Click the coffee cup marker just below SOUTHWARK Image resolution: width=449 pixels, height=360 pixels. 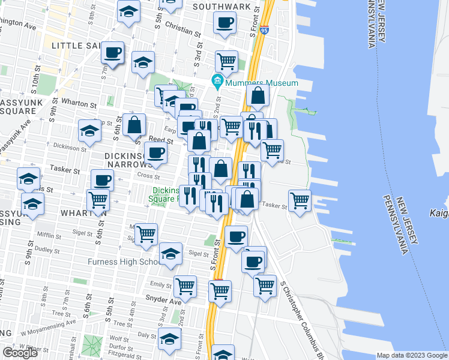tap(225, 23)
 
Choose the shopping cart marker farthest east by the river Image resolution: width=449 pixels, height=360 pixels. tap(300, 200)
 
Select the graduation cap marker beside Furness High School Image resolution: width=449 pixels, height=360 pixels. tap(171, 254)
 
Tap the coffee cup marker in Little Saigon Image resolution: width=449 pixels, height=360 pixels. tap(112, 53)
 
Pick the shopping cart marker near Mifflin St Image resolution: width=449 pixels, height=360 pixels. tap(145, 235)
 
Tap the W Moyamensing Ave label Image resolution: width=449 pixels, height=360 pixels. tap(48, 326)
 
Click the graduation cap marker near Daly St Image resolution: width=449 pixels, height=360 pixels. tap(170, 338)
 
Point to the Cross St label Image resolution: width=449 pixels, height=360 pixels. tap(148, 177)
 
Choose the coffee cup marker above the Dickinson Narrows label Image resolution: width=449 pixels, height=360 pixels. tap(156, 152)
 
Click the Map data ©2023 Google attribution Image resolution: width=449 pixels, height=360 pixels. tap(411, 355)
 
